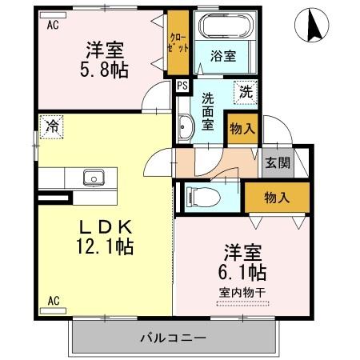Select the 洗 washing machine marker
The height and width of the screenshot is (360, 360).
246,91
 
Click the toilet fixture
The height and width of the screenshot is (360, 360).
200,196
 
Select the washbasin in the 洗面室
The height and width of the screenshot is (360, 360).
184,126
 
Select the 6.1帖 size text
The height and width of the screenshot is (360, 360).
244,272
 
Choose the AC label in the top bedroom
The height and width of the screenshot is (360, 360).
53,24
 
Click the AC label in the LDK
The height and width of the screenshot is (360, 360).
54,300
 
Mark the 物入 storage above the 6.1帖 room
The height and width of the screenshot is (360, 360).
276,198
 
